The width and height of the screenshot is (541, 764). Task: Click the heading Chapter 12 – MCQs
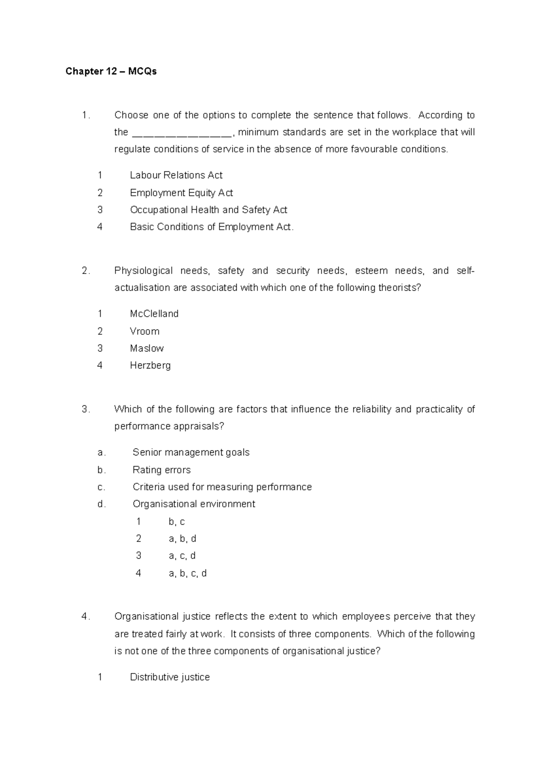(x=111, y=72)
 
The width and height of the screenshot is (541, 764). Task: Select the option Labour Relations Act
(x=176, y=175)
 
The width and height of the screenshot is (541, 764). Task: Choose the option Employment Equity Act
(x=181, y=193)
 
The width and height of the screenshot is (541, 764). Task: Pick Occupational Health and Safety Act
(x=208, y=210)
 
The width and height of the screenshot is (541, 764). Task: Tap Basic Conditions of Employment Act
(x=211, y=227)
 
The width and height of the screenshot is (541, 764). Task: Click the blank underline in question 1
(x=182, y=133)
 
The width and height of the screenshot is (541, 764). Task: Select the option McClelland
(x=154, y=314)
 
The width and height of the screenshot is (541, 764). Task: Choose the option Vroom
(x=144, y=332)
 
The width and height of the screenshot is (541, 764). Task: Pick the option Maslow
(x=147, y=349)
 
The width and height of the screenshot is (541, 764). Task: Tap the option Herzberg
(x=150, y=366)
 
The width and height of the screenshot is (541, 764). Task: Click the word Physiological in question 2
(x=143, y=271)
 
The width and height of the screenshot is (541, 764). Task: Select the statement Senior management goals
(x=191, y=453)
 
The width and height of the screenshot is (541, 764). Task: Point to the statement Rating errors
(x=161, y=470)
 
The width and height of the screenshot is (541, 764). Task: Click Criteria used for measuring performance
(x=222, y=487)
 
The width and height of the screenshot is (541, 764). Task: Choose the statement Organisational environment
(x=194, y=504)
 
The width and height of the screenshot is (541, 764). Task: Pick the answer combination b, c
(x=176, y=522)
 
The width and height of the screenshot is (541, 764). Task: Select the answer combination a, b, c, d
(x=188, y=573)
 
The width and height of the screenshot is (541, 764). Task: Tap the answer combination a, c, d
(x=182, y=556)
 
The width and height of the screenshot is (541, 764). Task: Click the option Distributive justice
(x=170, y=678)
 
